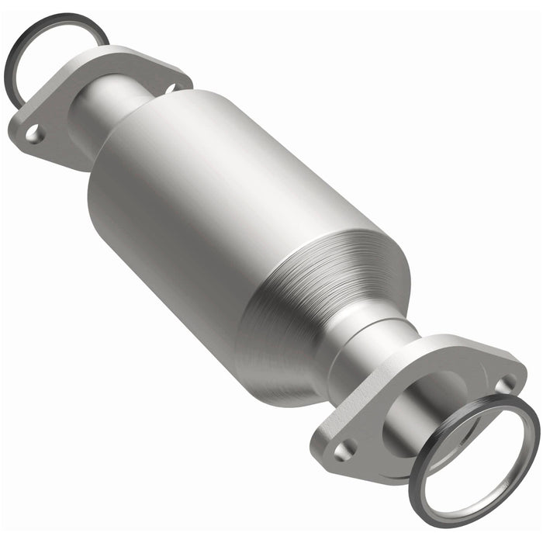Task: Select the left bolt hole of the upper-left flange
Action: click(x=34, y=135)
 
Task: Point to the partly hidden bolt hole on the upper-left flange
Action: click(x=170, y=88)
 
